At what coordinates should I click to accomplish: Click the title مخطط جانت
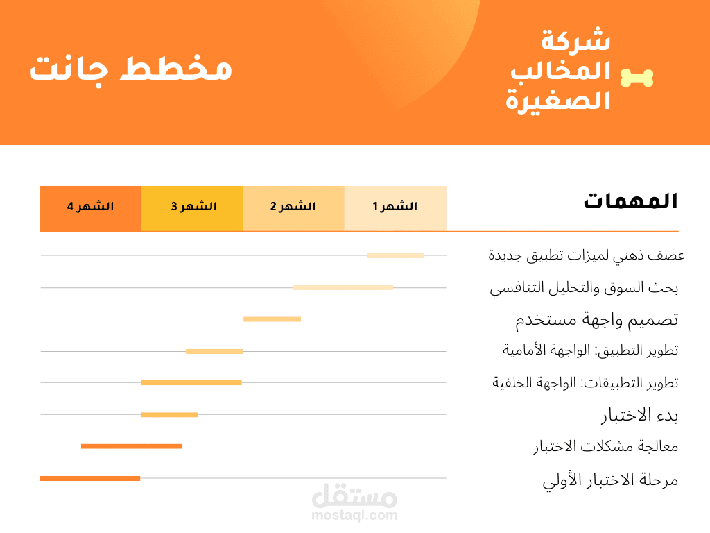click(130, 70)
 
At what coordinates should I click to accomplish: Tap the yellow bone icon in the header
click(637, 78)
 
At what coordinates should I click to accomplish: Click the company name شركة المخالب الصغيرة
click(558, 70)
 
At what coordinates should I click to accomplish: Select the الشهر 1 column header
click(395, 207)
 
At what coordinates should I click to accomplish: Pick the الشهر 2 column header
click(293, 207)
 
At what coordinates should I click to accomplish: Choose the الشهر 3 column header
click(192, 207)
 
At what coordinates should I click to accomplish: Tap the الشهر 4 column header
click(91, 207)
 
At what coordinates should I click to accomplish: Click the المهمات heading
click(630, 201)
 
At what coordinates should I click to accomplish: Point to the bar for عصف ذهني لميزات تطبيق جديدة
click(395, 255)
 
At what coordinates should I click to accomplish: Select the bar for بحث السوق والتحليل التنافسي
click(343, 287)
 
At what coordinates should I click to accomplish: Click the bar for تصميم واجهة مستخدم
click(272, 319)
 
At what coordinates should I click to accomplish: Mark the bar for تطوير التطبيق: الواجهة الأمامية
click(214, 351)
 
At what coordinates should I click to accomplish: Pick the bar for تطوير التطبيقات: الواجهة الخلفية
click(191, 382)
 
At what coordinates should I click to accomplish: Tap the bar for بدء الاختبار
click(169, 415)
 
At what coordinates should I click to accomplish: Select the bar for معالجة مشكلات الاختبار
click(131, 446)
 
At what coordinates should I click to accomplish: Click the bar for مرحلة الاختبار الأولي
click(90, 478)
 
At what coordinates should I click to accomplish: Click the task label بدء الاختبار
click(639, 416)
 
